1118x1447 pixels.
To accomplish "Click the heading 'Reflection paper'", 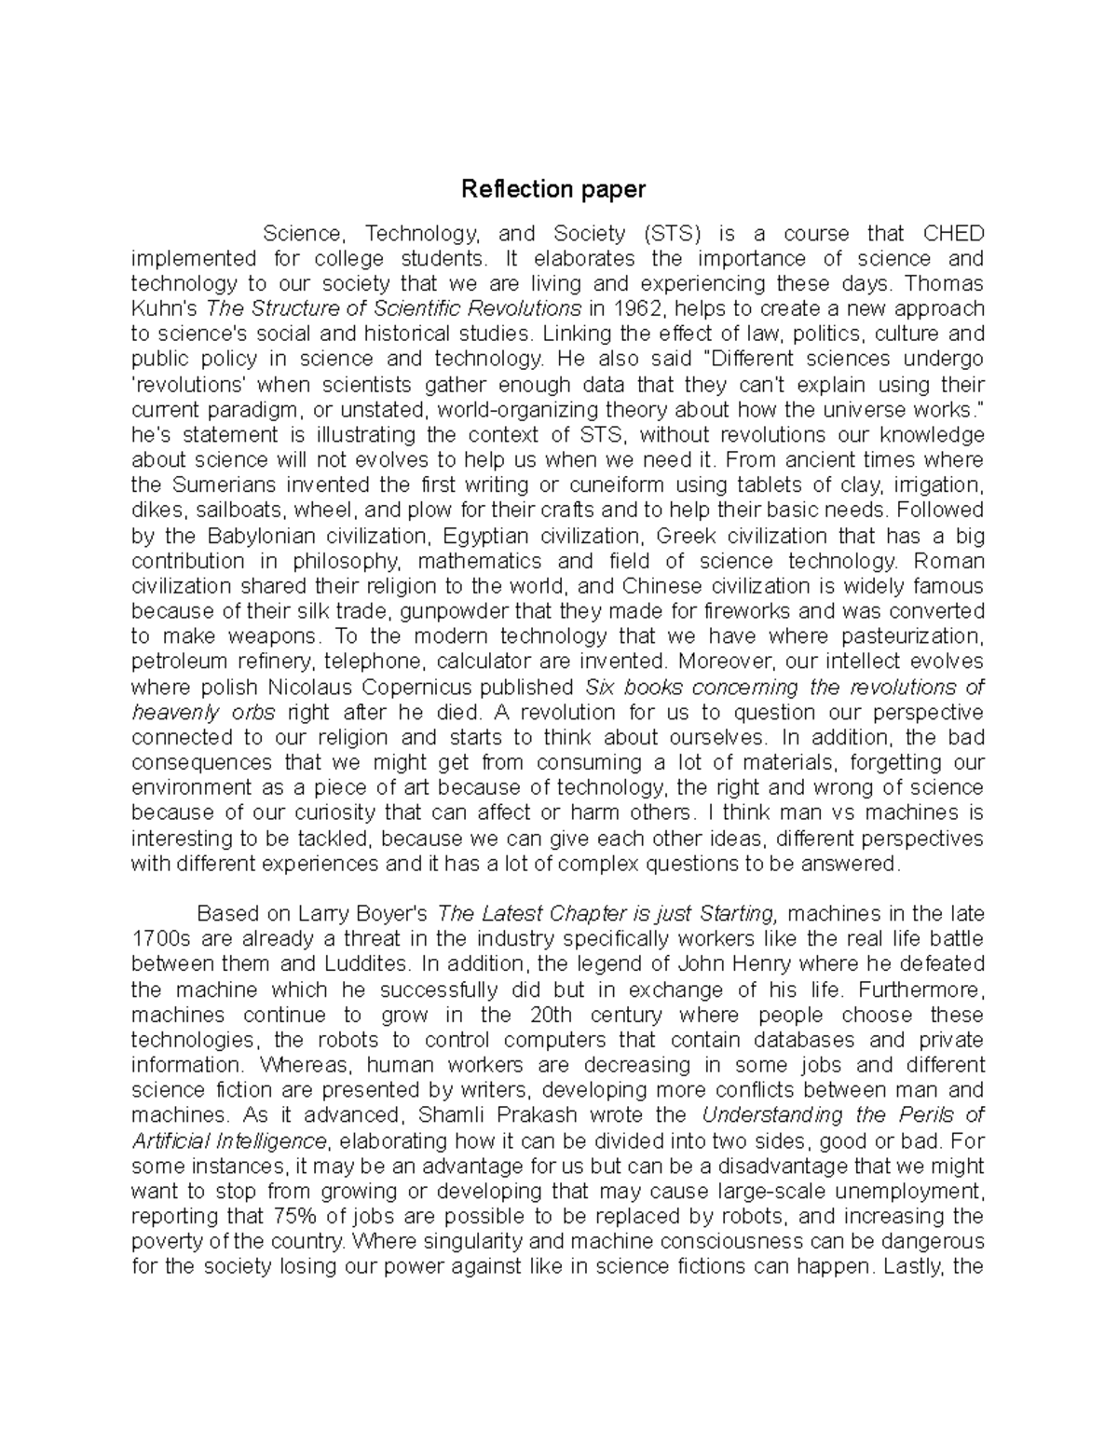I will pos(553,190).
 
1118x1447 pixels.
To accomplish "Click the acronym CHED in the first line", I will pos(952,233).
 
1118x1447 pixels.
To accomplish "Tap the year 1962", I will pos(645,308).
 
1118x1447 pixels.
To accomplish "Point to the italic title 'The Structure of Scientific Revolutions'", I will pos(393,308).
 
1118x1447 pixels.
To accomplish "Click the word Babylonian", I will pos(262,536).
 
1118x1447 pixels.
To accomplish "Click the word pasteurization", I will pos(912,637).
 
